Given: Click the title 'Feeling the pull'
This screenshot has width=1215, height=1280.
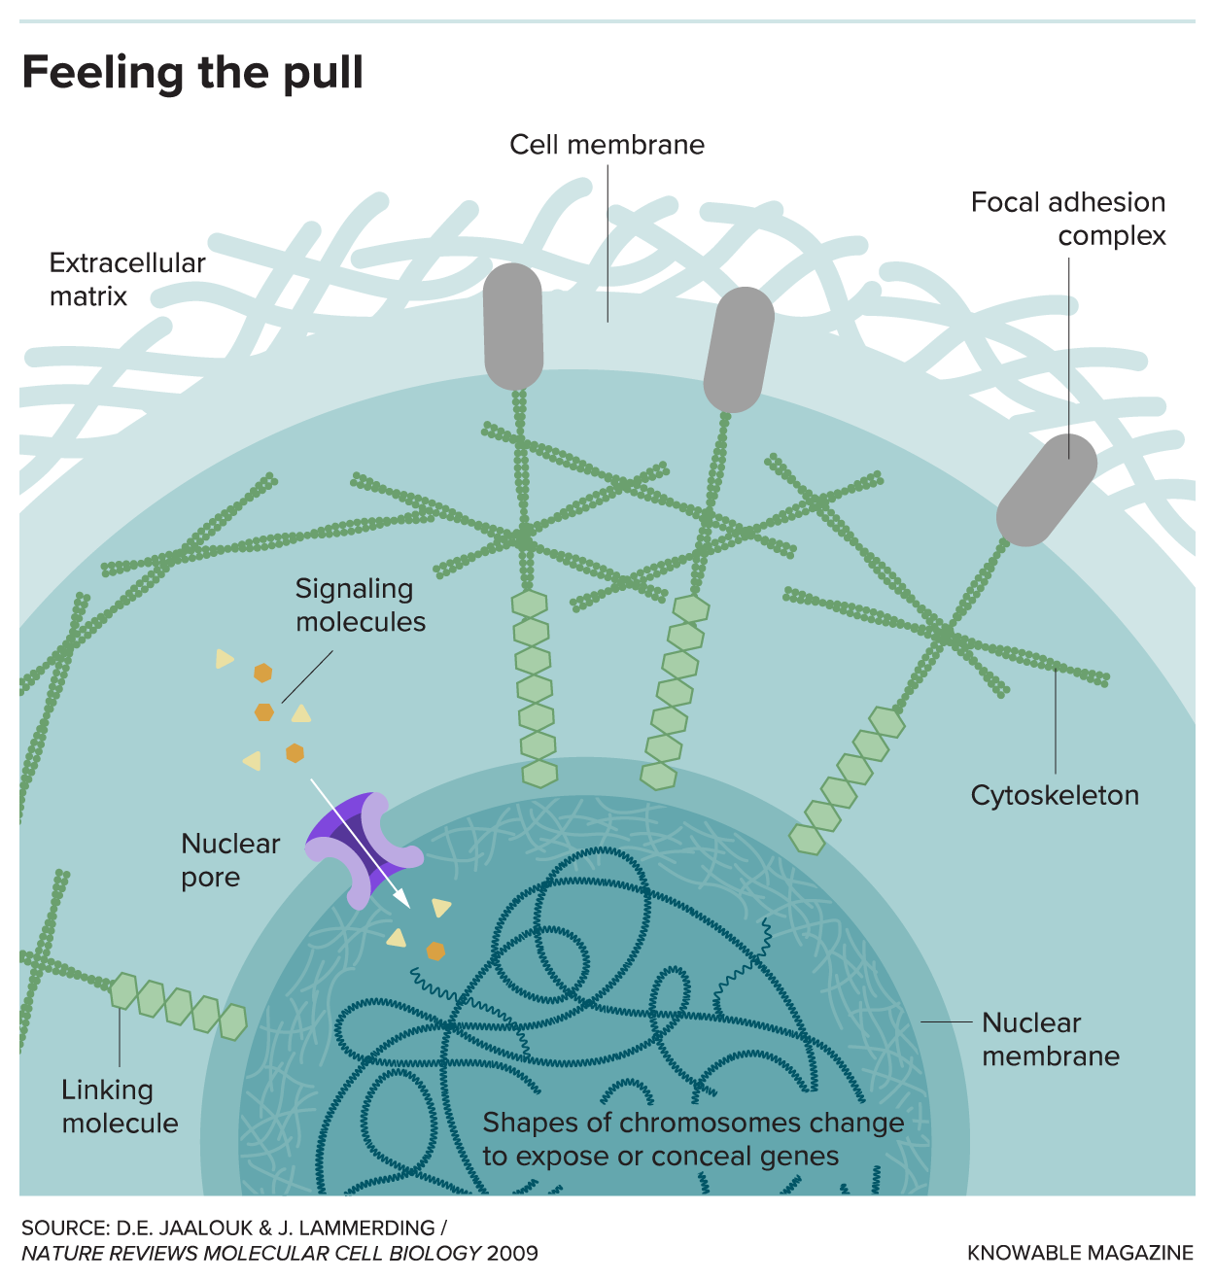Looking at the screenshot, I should point(192,73).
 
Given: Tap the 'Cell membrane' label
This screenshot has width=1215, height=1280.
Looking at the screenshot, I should point(607,145).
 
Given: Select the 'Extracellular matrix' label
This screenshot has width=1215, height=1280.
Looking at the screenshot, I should point(127,279).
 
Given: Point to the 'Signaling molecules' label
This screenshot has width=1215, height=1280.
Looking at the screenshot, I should point(360,605).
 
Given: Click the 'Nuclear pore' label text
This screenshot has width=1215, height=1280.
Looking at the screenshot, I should point(230,860).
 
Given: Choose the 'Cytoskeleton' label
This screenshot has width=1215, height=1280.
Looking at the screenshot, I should point(1055,795).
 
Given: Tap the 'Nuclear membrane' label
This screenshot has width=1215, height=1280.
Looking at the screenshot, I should point(1050,1039).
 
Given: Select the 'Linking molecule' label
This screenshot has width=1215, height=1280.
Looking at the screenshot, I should point(120,1106).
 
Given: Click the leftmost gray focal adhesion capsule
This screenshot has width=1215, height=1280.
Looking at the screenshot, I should point(513,326).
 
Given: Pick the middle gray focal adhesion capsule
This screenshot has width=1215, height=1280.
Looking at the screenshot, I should point(739,349).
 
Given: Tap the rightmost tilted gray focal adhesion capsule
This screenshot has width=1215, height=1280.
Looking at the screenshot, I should point(1047,489).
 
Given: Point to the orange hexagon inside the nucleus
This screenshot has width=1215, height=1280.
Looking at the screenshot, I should point(435,951).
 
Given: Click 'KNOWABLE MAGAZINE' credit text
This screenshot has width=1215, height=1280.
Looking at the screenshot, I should point(1080,1253).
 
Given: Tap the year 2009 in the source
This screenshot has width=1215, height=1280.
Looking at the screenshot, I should point(512,1253).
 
